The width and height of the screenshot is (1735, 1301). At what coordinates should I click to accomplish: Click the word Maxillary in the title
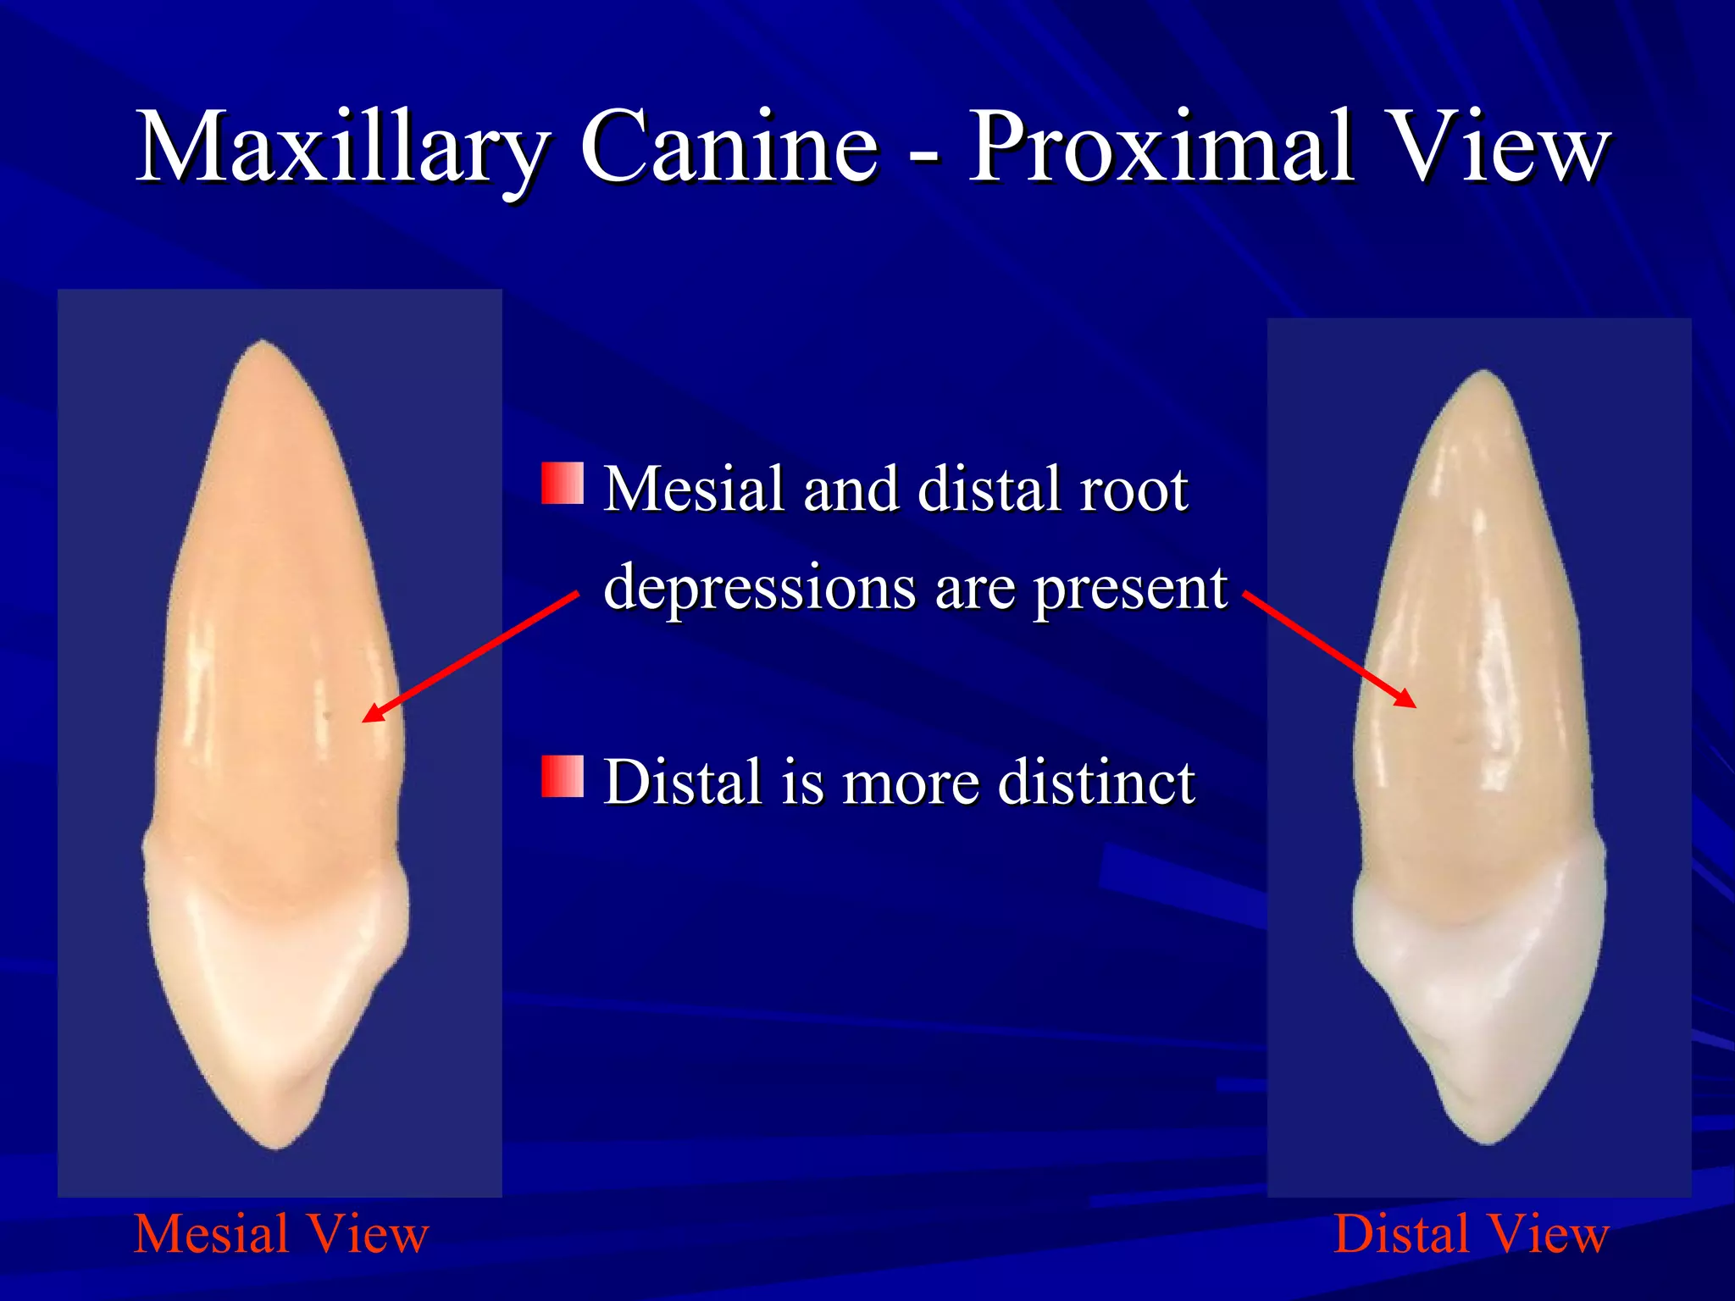pos(342,148)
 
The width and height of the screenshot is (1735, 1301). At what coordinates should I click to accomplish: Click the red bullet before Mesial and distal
pos(563,484)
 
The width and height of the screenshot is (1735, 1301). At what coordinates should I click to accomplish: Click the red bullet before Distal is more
pos(563,777)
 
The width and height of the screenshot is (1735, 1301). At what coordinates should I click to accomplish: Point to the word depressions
pos(759,588)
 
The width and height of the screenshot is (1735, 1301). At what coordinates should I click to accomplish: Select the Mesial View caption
pos(281,1234)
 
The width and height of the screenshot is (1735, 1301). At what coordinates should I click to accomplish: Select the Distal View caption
pos(1471,1234)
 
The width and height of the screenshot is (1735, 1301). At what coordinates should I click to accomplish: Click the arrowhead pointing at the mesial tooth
pos(371,715)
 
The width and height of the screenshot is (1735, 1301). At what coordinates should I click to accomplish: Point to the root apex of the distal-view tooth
pos(1484,374)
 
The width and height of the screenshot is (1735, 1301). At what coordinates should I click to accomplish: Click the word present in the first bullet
pos(1131,588)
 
